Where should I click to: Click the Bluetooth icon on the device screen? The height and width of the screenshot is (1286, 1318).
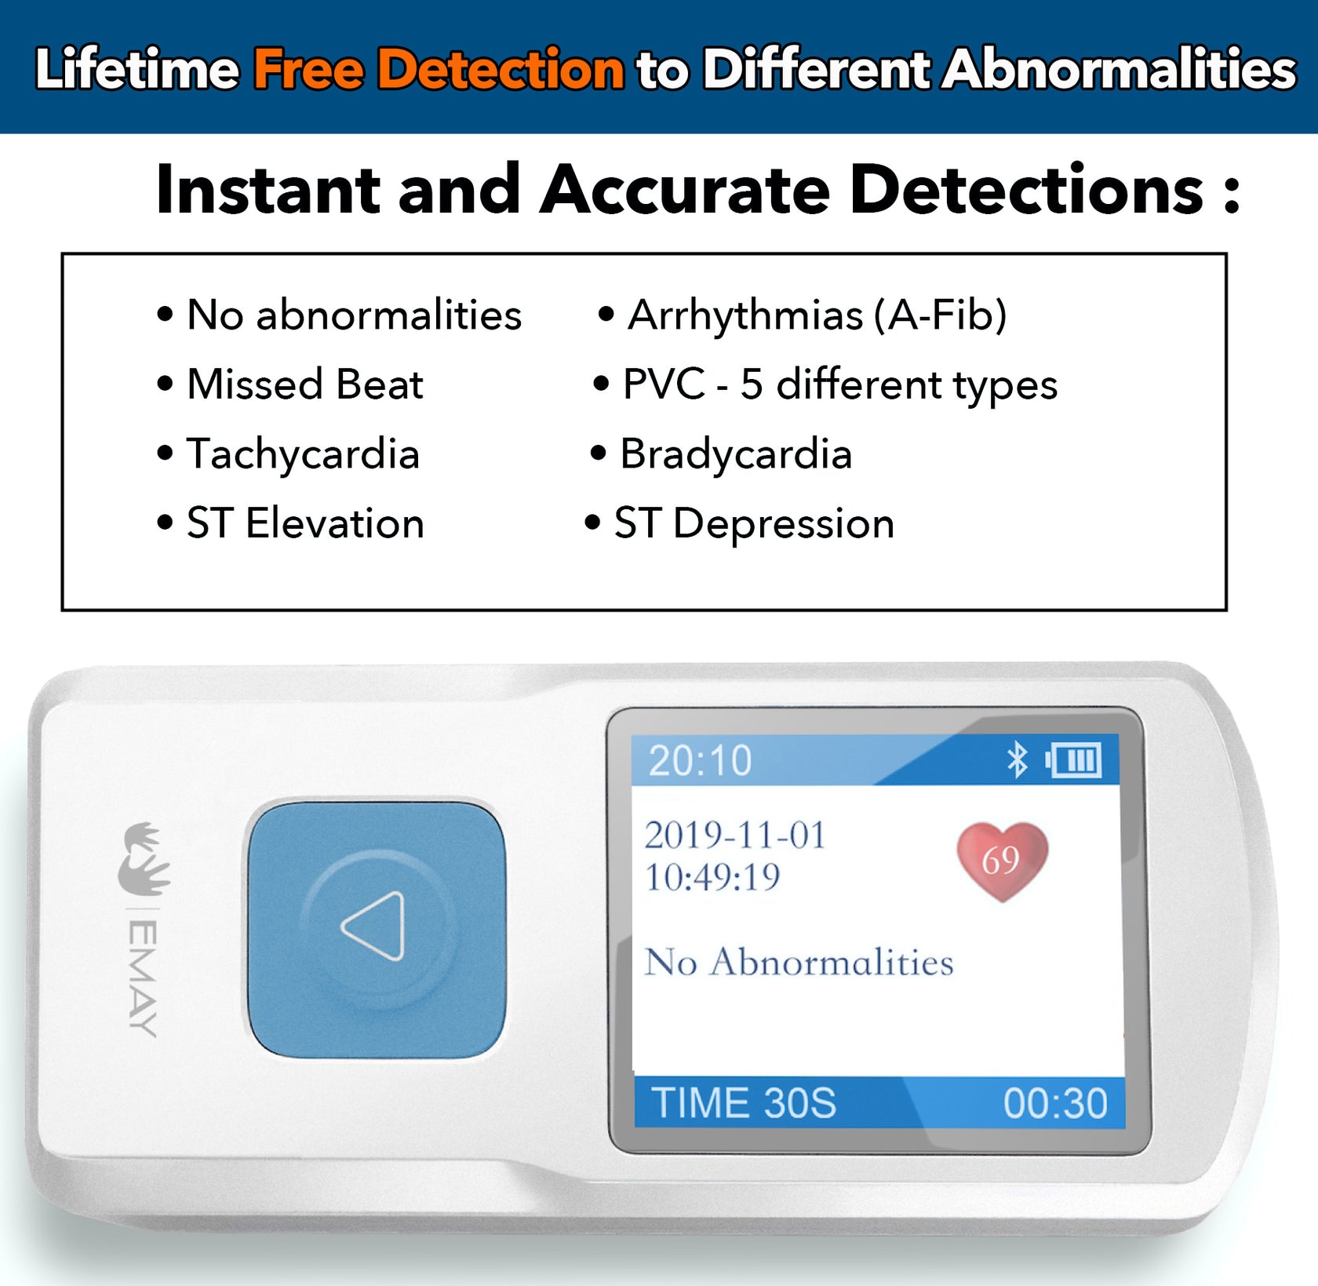[x=1017, y=760]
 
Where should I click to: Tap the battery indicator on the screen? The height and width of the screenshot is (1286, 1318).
[x=1073, y=760]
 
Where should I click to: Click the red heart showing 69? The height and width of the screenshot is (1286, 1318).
[x=1002, y=860]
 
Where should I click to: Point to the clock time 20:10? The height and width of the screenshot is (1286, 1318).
[x=700, y=760]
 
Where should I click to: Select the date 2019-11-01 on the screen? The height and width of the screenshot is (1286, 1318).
[x=735, y=835]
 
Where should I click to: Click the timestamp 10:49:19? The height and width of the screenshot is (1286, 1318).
[x=712, y=877]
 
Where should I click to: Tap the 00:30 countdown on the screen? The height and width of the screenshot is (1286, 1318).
[x=1055, y=1103]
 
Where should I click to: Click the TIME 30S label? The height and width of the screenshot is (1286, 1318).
[x=743, y=1103]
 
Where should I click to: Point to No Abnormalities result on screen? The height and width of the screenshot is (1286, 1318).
[x=799, y=962]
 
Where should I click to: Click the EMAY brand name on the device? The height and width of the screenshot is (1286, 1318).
[x=143, y=978]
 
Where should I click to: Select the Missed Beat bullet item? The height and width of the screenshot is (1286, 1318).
[x=304, y=384]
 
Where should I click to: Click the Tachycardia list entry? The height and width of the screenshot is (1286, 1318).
[x=303, y=454]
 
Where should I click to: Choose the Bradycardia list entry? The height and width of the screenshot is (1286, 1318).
[x=735, y=454]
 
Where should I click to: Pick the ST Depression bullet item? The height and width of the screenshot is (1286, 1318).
[x=753, y=523]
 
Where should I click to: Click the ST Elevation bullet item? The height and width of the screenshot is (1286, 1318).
[x=304, y=523]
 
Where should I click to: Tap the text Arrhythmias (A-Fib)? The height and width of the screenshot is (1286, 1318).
[x=817, y=315]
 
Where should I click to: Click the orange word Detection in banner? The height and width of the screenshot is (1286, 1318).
[x=501, y=69]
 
